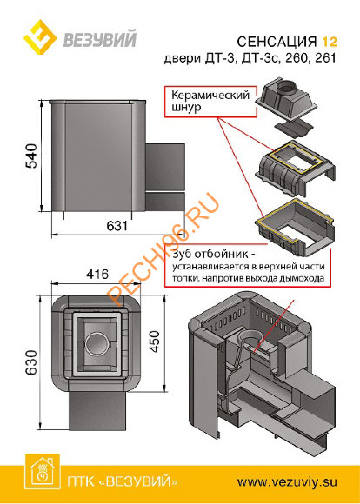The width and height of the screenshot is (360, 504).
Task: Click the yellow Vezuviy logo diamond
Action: point(41,37)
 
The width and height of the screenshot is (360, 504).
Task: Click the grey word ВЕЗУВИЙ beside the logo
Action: point(100,38)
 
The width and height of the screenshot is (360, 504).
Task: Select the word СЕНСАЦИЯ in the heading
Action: point(277,42)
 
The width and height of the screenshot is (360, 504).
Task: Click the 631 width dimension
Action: point(117,226)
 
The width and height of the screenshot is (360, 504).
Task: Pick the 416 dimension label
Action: point(97,275)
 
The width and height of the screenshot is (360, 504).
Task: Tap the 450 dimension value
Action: point(156,341)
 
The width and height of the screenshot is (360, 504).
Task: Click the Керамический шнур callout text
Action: point(210,101)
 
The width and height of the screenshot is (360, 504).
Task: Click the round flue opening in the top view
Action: point(96,344)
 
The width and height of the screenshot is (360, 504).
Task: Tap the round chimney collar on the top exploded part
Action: point(288,88)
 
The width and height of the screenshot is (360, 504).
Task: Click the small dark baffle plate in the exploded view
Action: point(294,128)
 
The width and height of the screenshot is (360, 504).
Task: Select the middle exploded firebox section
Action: point(296,169)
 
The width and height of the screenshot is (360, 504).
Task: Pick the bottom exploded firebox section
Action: point(296,227)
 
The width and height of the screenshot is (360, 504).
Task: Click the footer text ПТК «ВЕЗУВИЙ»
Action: point(123,482)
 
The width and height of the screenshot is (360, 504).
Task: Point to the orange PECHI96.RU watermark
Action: point(164,249)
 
